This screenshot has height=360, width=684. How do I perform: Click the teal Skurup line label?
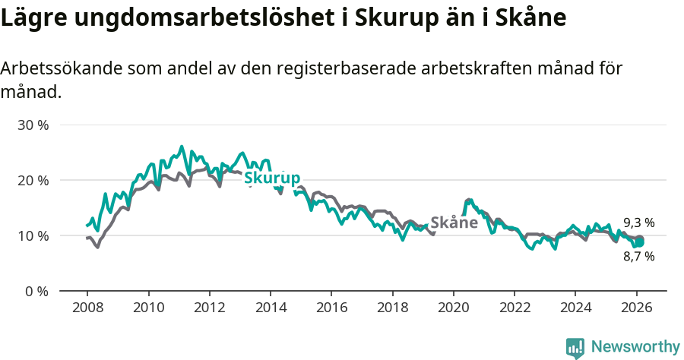click(x=271, y=178)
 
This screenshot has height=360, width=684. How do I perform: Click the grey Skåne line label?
click(x=454, y=223)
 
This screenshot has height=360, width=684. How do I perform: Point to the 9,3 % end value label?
click(x=638, y=223)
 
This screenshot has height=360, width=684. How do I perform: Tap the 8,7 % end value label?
click(x=638, y=257)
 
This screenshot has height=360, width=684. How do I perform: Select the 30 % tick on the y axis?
click(x=33, y=125)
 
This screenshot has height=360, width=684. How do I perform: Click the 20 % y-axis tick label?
click(x=33, y=180)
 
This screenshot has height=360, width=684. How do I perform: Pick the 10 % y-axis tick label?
click(x=33, y=235)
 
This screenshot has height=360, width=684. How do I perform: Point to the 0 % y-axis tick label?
click(x=36, y=291)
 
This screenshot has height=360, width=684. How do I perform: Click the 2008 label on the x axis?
click(x=87, y=308)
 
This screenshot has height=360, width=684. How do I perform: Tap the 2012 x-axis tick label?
click(x=209, y=308)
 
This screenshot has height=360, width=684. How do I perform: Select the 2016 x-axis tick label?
click(x=331, y=308)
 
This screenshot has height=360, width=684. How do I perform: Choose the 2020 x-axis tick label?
click(x=453, y=308)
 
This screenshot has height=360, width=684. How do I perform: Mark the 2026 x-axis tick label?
click(x=636, y=308)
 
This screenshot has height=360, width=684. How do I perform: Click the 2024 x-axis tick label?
click(x=575, y=308)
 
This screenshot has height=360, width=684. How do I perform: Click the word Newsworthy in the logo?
click(x=635, y=347)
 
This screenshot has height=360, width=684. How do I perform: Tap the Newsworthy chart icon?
click(x=575, y=348)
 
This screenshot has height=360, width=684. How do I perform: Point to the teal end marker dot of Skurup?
click(x=640, y=242)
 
